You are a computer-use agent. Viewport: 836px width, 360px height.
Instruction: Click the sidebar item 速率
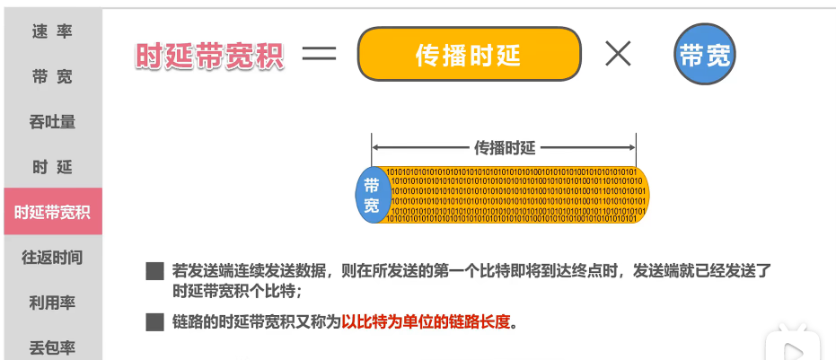click(x=51, y=32)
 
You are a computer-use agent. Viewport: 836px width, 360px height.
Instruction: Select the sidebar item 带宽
click(x=51, y=77)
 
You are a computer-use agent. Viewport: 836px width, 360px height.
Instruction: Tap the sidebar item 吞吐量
click(x=51, y=122)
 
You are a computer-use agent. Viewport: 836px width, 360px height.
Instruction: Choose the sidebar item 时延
click(x=51, y=167)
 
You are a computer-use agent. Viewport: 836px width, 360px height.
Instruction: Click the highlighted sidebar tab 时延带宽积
click(x=51, y=212)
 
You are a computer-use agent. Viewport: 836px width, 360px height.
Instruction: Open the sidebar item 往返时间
click(x=51, y=258)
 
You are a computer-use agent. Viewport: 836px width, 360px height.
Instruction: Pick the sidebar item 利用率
click(x=51, y=303)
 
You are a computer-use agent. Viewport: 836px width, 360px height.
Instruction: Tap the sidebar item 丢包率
click(x=51, y=346)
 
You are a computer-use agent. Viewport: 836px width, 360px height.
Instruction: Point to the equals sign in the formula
click(x=319, y=55)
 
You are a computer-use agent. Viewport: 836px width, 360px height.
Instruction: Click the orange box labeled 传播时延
click(x=468, y=56)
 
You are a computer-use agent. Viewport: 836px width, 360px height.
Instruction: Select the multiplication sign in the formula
click(x=619, y=55)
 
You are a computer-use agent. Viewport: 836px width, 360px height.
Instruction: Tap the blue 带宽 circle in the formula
click(x=705, y=55)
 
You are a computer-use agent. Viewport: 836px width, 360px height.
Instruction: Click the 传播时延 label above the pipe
click(x=504, y=147)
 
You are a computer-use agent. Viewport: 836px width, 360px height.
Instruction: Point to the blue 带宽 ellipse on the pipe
click(x=372, y=195)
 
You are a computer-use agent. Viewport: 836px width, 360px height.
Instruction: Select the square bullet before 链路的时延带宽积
click(x=155, y=321)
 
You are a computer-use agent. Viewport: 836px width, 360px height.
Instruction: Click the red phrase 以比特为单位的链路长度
click(x=425, y=321)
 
